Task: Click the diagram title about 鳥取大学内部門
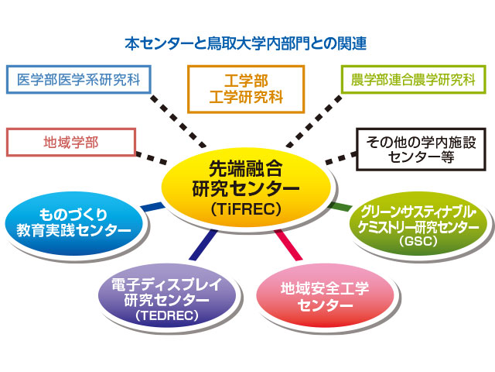coord(246,43)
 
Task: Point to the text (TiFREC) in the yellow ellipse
coord(246,209)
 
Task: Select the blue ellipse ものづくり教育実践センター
coord(74,223)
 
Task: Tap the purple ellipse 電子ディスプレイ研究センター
coord(167,295)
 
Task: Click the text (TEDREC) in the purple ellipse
coord(167,315)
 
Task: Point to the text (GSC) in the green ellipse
coord(418,241)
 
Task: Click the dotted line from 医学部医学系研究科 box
coord(178,122)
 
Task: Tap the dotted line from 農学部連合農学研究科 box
coord(314,122)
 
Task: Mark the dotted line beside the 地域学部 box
coord(152,158)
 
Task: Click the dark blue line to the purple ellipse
coord(203,245)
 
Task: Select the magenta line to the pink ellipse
coord(288,245)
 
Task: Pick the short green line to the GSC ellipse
coord(340,207)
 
